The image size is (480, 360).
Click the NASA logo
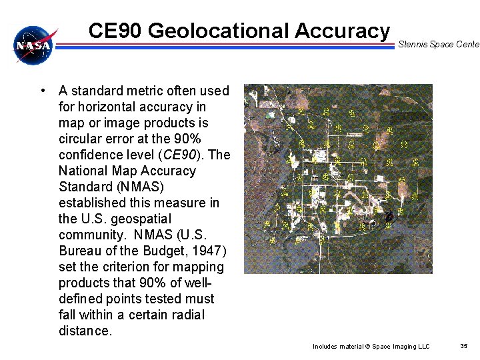click(x=34, y=45)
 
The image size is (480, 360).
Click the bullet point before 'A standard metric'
click(x=42, y=91)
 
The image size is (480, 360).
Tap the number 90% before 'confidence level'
click(x=187, y=139)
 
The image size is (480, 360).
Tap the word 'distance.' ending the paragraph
click(x=85, y=331)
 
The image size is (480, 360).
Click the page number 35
click(x=464, y=346)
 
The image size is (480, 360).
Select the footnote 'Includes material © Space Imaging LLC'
click(x=371, y=347)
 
